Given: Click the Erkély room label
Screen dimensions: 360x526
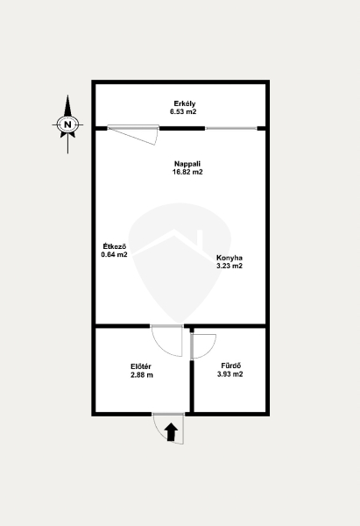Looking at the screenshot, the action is pos(184,104).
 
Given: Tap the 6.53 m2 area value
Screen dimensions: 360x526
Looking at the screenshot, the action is pos(183,112).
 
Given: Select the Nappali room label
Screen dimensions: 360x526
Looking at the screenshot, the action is pos(187,165).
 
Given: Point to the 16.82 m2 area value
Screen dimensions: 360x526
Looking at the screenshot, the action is pos(187,173).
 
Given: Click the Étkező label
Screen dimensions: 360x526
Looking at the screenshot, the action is pos(114,246).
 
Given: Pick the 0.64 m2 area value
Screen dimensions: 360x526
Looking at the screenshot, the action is pos(114,254).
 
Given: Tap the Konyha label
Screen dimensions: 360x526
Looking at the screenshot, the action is pos(229,258).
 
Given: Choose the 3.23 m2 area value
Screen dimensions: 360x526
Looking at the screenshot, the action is pos(229,266).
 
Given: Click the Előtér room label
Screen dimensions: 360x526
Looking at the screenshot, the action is pos(141,366).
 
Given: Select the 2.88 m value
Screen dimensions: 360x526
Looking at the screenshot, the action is pos(142,375).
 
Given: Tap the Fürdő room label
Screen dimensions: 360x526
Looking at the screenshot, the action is pos(231,366).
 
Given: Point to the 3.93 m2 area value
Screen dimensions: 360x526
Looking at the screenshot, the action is pos(230,374).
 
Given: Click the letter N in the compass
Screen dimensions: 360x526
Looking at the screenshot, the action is pos(68,124).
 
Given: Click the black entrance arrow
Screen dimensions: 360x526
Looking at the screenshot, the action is pos(172,432).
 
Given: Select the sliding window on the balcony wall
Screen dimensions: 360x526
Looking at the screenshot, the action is pos(231,128).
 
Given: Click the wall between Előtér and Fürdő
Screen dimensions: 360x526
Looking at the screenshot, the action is pos(192,386).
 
